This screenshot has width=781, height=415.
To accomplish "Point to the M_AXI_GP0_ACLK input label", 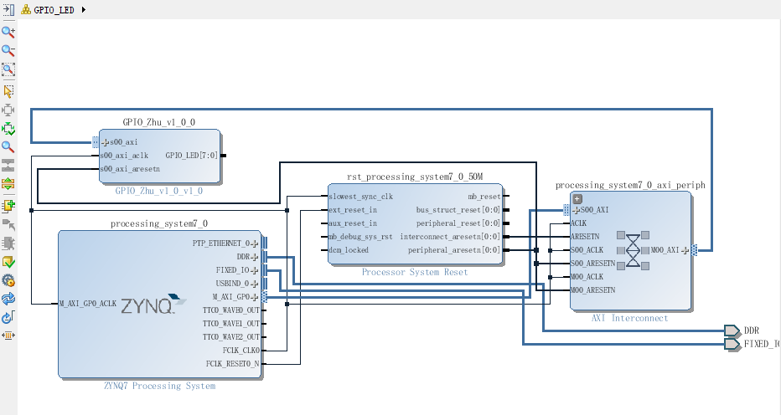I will click(x=88, y=303).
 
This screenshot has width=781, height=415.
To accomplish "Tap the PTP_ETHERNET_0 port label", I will click(x=222, y=243).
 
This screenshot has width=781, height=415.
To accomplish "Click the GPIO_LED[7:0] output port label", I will click(x=192, y=156).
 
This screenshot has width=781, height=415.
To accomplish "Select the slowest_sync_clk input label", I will click(x=361, y=197).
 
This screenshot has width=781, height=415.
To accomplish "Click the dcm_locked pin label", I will click(x=349, y=250).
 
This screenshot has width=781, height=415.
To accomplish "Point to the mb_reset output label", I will click(x=484, y=197).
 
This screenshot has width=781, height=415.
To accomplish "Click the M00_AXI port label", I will click(x=666, y=250).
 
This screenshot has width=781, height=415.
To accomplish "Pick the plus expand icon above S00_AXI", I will click(x=577, y=198).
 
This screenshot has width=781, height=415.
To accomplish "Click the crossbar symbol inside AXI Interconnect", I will click(x=634, y=249).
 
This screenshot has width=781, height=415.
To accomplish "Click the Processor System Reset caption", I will click(x=415, y=272).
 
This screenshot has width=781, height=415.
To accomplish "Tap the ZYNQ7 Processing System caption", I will click(x=159, y=386).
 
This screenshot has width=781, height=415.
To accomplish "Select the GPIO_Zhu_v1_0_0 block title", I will click(x=159, y=122).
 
